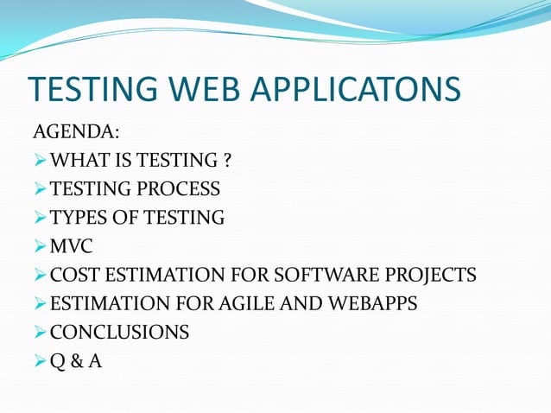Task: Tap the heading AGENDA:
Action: [x=75, y=132]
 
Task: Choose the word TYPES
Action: [x=79, y=218]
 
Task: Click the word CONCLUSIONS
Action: [x=119, y=333]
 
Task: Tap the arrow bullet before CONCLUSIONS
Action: [x=40, y=333]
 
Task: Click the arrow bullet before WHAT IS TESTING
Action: [x=40, y=161]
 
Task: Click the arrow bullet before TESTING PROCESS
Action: [x=40, y=189]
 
